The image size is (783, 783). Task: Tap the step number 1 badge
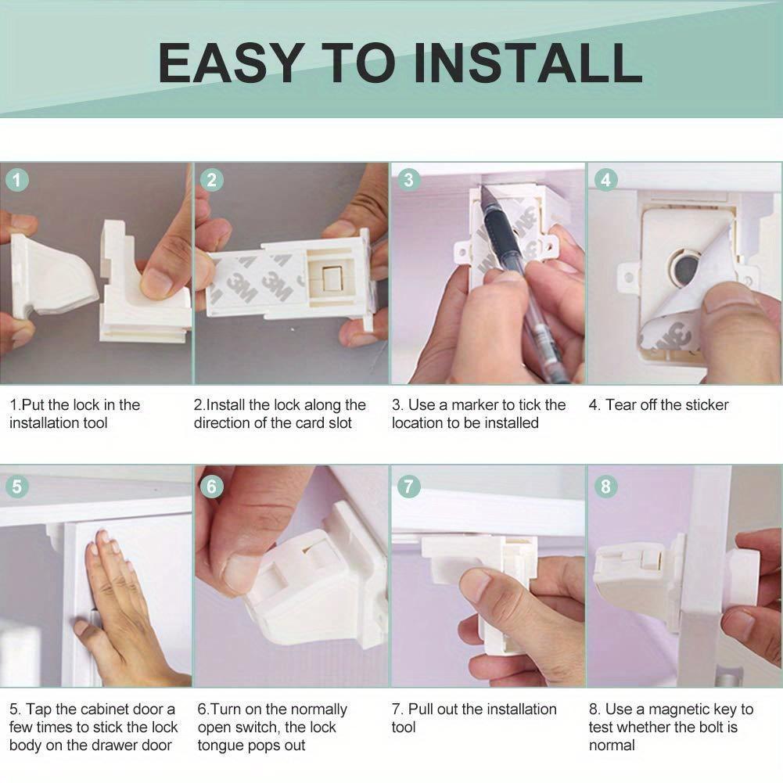(x=17, y=180)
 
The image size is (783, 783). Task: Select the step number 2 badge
(x=212, y=180)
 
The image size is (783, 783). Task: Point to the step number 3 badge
(x=408, y=180)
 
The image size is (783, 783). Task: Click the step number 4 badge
(x=605, y=180)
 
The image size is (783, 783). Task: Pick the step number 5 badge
(x=17, y=486)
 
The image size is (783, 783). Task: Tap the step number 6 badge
(x=212, y=486)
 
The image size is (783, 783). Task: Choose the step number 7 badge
(x=408, y=486)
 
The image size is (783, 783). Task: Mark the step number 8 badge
(x=605, y=486)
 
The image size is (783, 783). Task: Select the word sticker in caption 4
(x=707, y=405)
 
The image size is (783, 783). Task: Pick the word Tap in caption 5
(x=38, y=709)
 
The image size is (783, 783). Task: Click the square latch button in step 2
(x=331, y=278)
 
